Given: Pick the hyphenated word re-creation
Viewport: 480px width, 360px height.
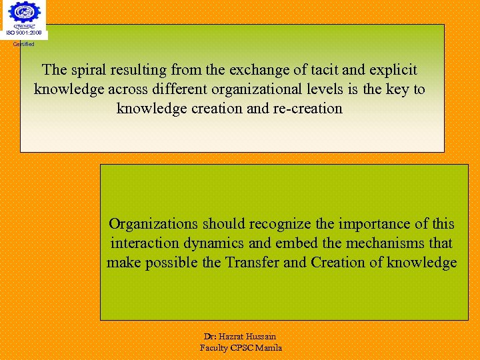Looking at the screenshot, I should pos(307,108).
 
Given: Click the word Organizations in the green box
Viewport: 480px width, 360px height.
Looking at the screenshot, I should pos(153,223).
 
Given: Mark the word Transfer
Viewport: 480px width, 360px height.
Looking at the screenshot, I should pos(251,263).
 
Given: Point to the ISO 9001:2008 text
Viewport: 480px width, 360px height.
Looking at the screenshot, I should pos(23,33).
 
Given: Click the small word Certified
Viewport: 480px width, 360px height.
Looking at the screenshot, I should pos(23,44).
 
